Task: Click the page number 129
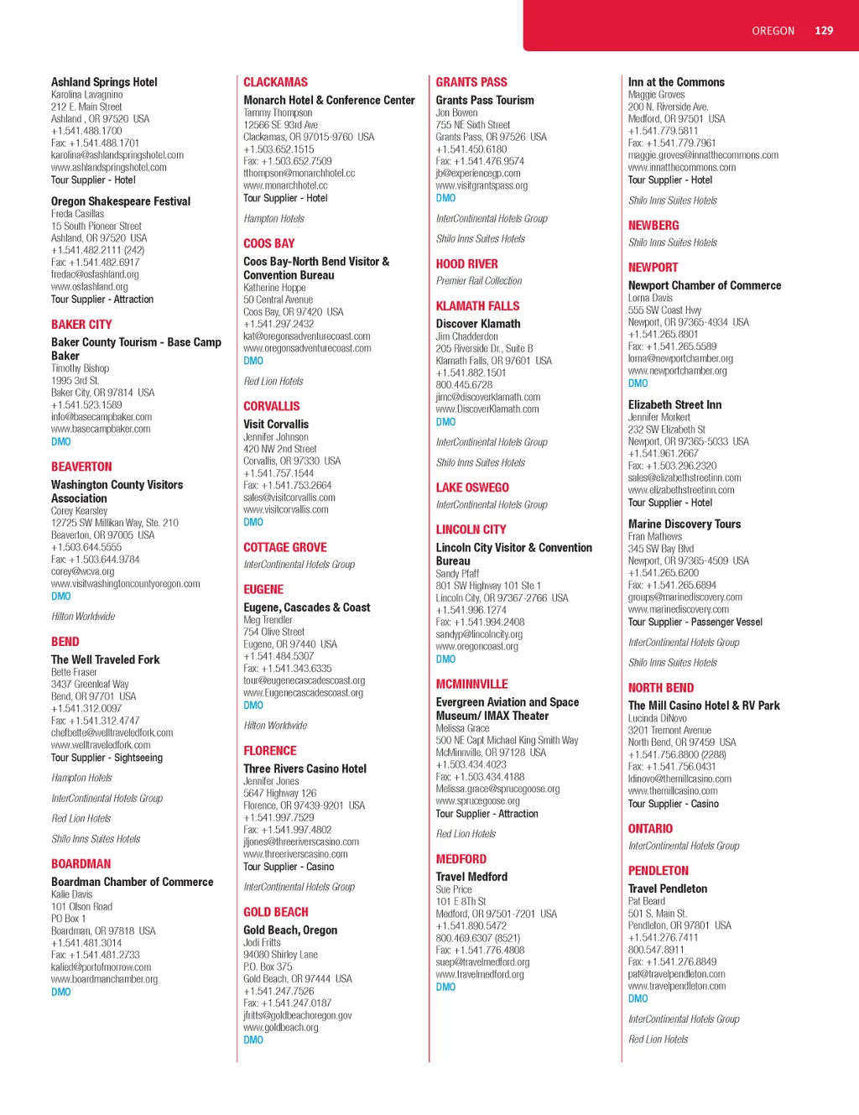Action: click(x=824, y=31)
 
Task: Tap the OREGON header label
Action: click(x=773, y=31)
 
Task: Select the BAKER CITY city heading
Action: click(x=81, y=325)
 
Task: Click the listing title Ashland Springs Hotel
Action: click(x=104, y=82)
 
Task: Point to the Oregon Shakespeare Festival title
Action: click(x=121, y=201)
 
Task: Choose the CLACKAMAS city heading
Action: click(x=275, y=82)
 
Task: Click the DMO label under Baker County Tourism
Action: click(x=61, y=441)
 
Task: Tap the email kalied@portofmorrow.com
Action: click(x=101, y=967)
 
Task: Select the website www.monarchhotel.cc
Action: click(x=285, y=185)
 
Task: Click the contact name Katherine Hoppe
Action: click(x=274, y=288)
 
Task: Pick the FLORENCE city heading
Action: click(x=270, y=751)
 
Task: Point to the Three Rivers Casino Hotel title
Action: click(x=305, y=769)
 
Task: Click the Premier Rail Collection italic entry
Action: click(x=479, y=281)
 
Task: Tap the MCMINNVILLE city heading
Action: click(x=471, y=685)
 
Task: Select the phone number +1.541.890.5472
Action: click(x=471, y=926)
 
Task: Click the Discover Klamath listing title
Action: click(x=478, y=324)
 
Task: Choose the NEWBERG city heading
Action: click(x=653, y=226)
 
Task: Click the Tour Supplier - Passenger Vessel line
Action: click(x=695, y=622)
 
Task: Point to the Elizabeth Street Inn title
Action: click(x=674, y=405)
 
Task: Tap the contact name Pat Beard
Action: click(x=647, y=901)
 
